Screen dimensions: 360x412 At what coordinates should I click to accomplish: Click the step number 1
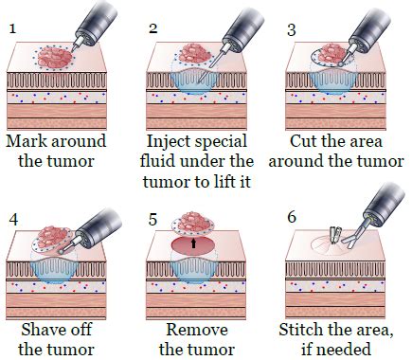tap(12, 27)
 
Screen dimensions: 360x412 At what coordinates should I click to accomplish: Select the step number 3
tap(291, 27)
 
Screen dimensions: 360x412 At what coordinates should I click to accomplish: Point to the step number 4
tap(12, 218)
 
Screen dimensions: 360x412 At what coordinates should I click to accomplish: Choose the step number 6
tap(291, 218)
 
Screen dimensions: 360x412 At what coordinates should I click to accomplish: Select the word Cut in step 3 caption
tap(299, 140)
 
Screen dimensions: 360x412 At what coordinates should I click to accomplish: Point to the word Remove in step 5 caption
tap(194, 330)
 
